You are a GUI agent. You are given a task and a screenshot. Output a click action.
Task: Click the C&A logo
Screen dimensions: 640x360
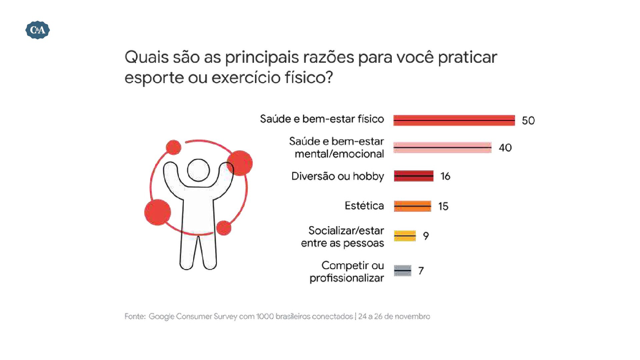[38, 30]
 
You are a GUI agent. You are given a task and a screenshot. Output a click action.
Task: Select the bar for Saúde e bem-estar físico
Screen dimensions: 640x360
[454, 120]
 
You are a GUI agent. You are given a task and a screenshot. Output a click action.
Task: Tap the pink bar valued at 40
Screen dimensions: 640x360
[442, 147]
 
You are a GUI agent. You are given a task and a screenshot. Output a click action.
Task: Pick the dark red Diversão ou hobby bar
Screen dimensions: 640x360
[414, 176]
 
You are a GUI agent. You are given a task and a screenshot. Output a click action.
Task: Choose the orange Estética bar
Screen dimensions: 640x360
[412, 206]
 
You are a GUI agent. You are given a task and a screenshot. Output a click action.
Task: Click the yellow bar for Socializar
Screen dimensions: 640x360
[405, 236]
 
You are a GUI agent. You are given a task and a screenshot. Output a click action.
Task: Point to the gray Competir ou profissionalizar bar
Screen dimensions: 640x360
[402, 270]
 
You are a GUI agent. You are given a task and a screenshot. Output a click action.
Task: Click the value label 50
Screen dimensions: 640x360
[528, 120]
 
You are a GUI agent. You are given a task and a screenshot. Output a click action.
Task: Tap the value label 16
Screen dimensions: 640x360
[445, 176]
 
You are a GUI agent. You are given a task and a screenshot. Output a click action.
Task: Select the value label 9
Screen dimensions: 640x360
[426, 236]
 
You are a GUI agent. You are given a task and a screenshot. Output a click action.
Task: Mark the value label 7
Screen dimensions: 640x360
[421, 271]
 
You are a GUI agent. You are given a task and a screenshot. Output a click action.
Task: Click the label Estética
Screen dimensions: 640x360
[364, 206]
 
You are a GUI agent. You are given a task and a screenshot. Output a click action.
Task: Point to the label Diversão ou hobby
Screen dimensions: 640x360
[338, 176]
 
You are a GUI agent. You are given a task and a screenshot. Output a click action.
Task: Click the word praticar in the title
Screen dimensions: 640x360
[467, 58]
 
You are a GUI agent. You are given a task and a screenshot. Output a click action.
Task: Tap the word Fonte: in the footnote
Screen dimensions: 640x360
[135, 316]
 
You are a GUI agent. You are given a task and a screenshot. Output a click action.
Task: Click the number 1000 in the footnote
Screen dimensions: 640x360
[265, 316]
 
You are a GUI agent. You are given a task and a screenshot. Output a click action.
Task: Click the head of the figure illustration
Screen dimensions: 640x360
[198, 170]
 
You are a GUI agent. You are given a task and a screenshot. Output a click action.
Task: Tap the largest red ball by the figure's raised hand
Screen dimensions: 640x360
[239, 163]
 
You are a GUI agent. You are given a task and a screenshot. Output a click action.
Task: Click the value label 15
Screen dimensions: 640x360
[443, 206]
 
